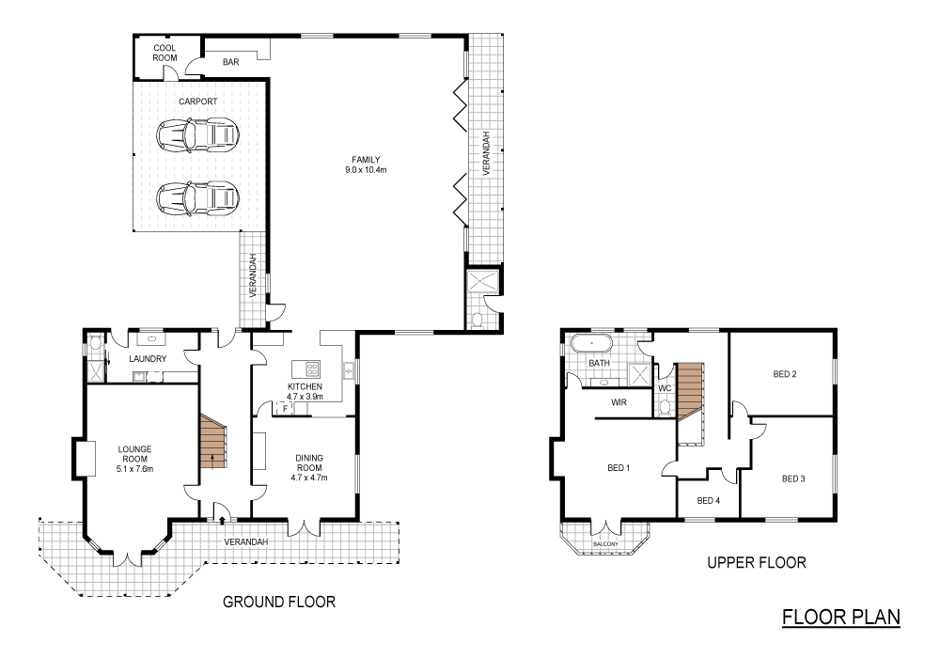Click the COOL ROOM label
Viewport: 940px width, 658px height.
click(165, 52)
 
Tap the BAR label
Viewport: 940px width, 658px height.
click(230, 63)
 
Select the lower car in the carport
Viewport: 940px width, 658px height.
click(196, 196)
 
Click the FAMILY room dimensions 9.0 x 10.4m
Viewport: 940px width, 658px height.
click(366, 170)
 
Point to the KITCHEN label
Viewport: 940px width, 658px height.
click(305, 386)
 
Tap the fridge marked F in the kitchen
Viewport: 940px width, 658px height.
click(284, 409)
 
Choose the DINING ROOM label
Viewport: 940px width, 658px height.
click(309, 463)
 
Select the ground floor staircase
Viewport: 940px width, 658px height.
click(213, 446)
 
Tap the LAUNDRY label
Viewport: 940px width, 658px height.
click(149, 359)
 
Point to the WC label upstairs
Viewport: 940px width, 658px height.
click(664, 387)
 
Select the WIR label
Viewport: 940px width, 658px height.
click(619, 402)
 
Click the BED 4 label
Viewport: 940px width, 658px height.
click(708, 500)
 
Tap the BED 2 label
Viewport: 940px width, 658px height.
click(785, 374)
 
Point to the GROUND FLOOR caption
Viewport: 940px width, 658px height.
click(278, 601)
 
